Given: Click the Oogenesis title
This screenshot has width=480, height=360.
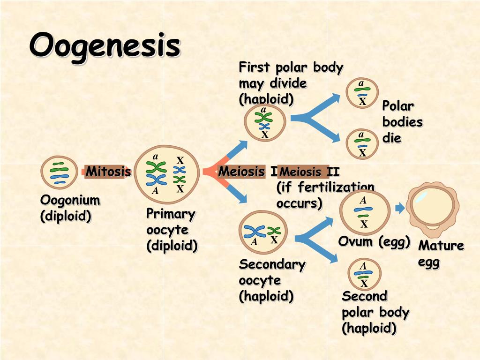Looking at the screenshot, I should tap(105, 45).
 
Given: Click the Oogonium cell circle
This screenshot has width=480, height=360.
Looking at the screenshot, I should tap(59, 173).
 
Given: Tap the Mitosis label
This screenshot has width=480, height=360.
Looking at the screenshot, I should tap(108, 172).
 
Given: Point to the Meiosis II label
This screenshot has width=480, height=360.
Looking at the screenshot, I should tap(309, 172).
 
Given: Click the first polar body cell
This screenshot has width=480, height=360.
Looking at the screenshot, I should tap(265, 122).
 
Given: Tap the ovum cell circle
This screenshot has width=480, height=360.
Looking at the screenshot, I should tap(364, 212).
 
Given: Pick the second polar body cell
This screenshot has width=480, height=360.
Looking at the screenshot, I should tap(364, 274).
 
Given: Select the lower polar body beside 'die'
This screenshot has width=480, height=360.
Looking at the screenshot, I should tap(362, 144).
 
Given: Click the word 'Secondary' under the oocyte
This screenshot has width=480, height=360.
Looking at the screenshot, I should tap(272, 264).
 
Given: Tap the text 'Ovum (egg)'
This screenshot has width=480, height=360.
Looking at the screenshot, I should tap(374, 241).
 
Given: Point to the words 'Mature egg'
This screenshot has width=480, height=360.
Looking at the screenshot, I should tap(441, 253).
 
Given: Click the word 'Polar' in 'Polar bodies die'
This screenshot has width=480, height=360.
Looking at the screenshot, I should tap(398, 106).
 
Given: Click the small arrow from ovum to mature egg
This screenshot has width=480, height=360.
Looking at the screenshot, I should tap(400, 209).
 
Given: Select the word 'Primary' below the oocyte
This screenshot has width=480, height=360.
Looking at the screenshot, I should tap(170, 214).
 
